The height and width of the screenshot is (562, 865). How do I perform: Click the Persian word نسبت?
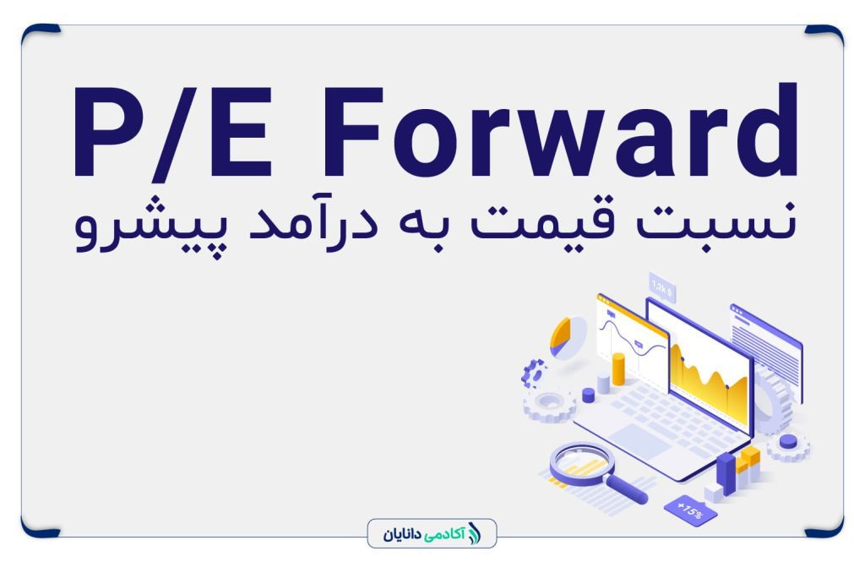pyautogui.click(x=716, y=221)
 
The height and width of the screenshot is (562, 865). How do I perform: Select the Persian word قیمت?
pyautogui.click(x=541, y=220)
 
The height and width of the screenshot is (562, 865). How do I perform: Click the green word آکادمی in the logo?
pyautogui.click(x=444, y=534)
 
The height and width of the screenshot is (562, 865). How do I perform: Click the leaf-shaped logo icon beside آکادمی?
pyautogui.click(x=474, y=534)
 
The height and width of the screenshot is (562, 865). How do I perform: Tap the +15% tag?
pyautogui.click(x=690, y=510)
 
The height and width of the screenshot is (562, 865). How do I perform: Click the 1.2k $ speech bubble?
pyautogui.click(x=662, y=287)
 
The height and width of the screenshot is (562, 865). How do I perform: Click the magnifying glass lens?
pyautogui.click(x=582, y=464)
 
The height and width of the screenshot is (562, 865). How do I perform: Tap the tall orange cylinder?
pyautogui.click(x=619, y=369)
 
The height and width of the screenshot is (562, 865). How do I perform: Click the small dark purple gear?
pyautogui.click(x=534, y=373)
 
